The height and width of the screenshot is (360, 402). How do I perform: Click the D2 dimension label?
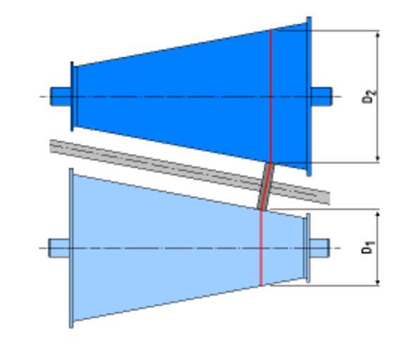(369, 96)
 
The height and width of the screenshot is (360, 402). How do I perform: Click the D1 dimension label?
(368, 247)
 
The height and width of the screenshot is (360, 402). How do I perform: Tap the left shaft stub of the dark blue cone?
(60, 96)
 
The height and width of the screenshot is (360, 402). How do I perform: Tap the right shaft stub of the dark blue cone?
(321, 96)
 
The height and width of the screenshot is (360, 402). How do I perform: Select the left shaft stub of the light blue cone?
(59, 248)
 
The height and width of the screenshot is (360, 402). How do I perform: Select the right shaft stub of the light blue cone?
(320, 248)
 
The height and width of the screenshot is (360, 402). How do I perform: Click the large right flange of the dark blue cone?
(309, 96)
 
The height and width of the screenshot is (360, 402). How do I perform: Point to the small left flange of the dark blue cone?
(72, 96)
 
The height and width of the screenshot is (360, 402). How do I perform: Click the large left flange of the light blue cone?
(71, 248)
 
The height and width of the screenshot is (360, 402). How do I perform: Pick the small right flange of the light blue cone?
(308, 248)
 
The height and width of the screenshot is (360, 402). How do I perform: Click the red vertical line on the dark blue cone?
(271, 96)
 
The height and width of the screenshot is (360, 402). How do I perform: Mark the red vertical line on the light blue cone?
(261, 248)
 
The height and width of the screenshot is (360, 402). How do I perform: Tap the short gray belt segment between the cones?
(266, 186)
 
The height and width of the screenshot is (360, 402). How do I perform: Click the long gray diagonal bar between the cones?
(190, 172)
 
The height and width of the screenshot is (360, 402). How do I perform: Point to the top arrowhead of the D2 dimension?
(377, 34)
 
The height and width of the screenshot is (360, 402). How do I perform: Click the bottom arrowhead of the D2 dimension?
(377, 158)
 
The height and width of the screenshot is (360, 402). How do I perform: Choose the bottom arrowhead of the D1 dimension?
(377, 281)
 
